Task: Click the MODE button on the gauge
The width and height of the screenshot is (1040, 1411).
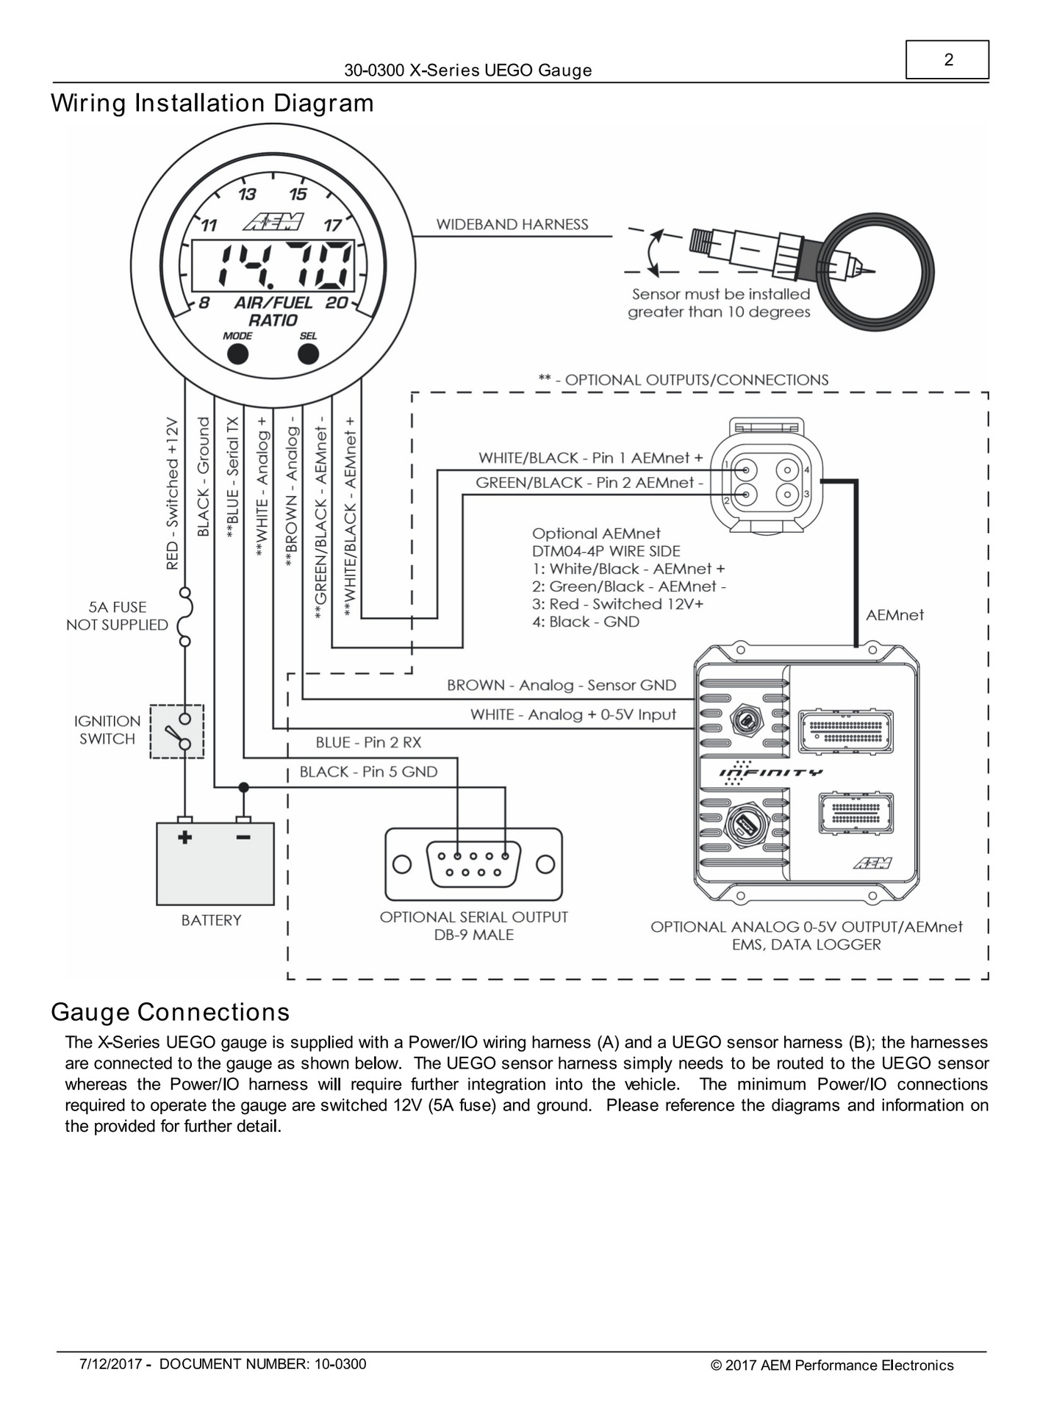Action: (237, 354)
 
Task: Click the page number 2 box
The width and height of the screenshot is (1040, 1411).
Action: (947, 60)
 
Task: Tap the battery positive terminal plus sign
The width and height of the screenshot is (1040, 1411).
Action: (184, 837)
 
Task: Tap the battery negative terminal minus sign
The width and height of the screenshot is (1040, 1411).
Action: (243, 837)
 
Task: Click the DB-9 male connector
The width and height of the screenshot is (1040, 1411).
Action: (473, 864)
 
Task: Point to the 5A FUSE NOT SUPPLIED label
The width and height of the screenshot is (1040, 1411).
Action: (118, 616)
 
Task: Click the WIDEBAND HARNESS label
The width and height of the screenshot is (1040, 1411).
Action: (512, 225)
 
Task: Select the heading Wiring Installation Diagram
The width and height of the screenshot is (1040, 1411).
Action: (212, 103)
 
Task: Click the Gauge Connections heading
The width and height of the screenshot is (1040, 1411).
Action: (171, 1013)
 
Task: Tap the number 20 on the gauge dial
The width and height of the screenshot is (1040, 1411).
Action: (337, 303)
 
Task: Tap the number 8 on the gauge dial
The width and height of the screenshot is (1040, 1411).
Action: (204, 303)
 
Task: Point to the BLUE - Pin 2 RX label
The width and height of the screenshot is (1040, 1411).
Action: (368, 743)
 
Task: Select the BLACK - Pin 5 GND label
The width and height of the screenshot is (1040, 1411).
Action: (368, 772)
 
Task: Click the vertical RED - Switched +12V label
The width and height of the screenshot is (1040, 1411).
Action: (173, 494)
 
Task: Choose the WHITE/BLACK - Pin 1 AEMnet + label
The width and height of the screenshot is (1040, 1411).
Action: (590, 458)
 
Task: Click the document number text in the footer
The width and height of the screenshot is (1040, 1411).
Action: (262, 1365)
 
